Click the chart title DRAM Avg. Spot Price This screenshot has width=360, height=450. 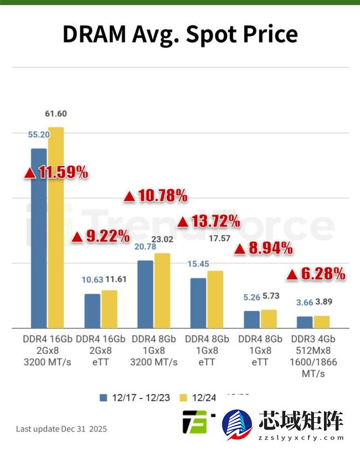[x=179, y=34]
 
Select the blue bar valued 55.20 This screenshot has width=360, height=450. [x=39, y=238]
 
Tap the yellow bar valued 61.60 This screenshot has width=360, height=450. [x=56, y=227]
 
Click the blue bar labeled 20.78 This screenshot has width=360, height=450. [x=145, y=294]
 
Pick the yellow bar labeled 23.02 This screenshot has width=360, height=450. [x=162, y=290]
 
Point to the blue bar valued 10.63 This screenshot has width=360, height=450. [x=92, y=311]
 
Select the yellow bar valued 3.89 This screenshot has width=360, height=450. [x=322, y=322]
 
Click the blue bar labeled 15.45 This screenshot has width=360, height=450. [x=198, y=303]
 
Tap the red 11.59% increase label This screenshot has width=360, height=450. [x=56, y=172]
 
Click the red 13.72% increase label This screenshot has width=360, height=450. [x=208, y=221]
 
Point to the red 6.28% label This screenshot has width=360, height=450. [x=316, y=273]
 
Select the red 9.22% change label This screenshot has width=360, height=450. [x=101, y=237]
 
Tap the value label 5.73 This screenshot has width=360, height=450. [x=271, y=296]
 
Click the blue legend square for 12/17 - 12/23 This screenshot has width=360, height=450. [x=103, y=397]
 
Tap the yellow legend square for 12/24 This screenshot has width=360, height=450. [x=184, y=397]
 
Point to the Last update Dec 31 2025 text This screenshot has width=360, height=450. [x=61, y=429]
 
